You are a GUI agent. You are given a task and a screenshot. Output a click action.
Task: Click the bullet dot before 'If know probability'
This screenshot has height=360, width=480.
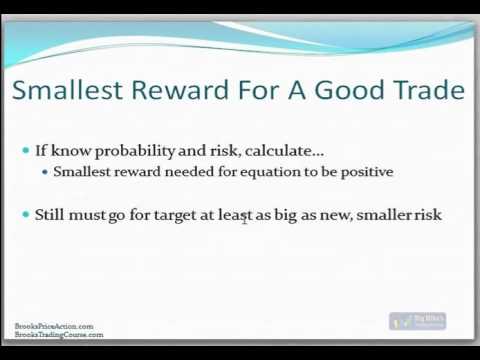(26, 150)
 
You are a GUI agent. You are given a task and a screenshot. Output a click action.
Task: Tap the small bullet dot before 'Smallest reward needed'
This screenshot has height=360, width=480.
(46, 172)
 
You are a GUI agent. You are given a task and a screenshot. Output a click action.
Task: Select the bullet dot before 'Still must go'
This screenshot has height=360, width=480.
(26, 213)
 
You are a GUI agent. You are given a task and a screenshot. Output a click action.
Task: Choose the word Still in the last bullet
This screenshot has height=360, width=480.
(51, 213)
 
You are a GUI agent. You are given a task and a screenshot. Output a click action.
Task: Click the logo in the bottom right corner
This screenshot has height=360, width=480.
(417, 322)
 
